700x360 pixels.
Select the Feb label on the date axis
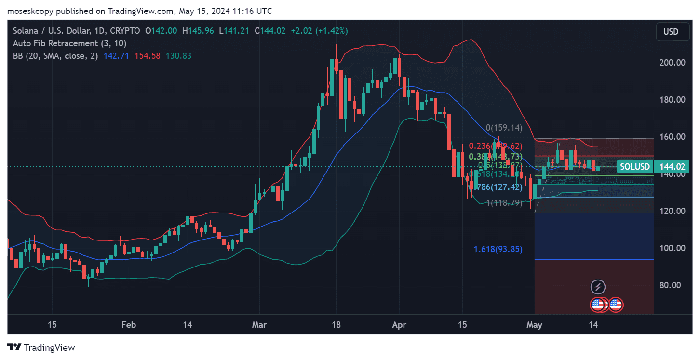point(128,325)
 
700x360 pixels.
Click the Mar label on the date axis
point(259,325)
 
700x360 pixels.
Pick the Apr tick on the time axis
point(399,325)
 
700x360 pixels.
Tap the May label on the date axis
point(535,325)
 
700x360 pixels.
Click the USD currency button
point(671,32)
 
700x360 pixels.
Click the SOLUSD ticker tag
point(635,167)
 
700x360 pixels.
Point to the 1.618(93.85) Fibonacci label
point(498,249)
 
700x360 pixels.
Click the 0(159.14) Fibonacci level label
point(504,128)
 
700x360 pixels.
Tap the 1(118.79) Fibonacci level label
point(504,203)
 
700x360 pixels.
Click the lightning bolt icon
point(598,287)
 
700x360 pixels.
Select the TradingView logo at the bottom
point(41,347)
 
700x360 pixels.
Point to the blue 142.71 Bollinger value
point(116,56)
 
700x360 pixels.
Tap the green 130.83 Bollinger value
point(178,56)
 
